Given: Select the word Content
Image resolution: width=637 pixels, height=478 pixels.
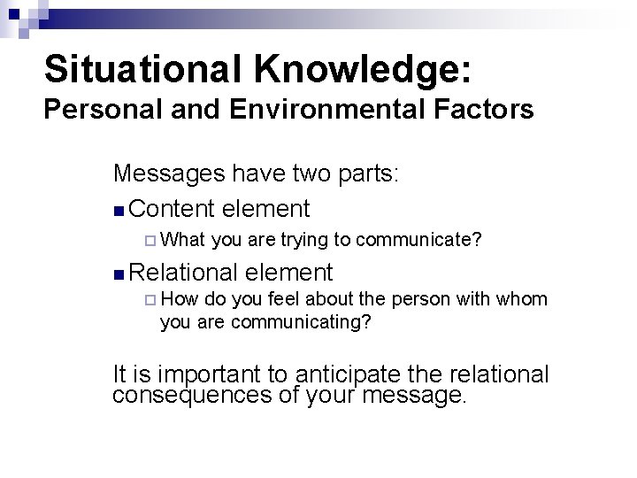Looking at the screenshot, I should pos(173,209).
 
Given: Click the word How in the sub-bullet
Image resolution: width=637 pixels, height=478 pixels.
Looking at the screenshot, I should pos(181,300).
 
